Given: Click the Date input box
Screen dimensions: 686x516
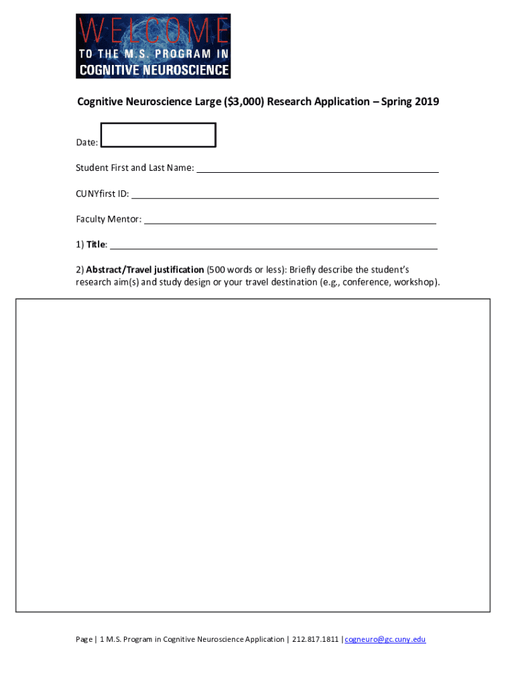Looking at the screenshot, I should [158, 135].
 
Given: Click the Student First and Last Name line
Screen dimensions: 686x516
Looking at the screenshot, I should [317, 169].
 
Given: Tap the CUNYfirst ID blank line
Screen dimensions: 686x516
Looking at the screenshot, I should [285, 195].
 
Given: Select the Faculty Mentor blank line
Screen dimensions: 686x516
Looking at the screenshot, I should [290, 220].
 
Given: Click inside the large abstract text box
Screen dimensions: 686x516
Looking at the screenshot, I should [253, 455].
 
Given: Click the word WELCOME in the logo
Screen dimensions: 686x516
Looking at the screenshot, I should [153, 31].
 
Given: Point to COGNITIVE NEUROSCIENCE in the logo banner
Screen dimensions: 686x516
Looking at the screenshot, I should [153, 70].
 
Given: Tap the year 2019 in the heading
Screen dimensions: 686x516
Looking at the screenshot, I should [427, 102].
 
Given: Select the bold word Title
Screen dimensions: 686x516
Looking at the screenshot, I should [96, 245].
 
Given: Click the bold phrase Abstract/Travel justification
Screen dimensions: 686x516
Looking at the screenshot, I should [145, 269].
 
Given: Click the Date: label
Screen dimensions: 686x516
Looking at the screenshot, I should [87, 143].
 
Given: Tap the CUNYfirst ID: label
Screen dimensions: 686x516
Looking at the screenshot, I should [103, 194].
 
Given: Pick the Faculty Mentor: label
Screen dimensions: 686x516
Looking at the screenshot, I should [109, 219].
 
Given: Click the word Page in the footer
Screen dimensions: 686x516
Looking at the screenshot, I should [84, 639].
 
